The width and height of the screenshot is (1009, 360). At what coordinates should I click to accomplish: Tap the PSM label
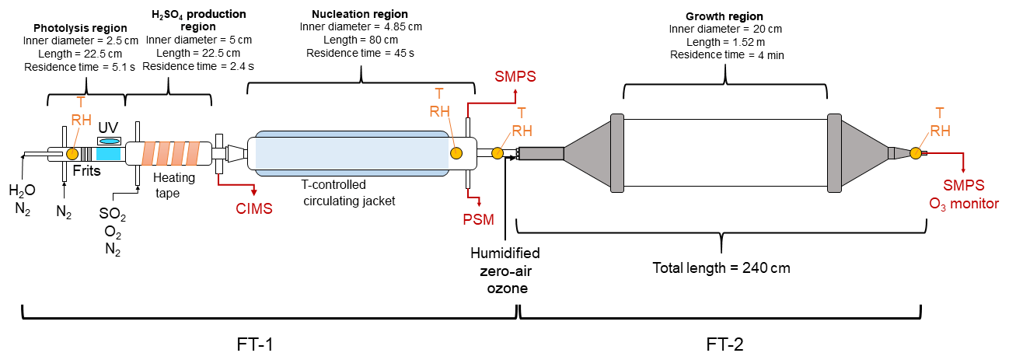[x=478, y=219]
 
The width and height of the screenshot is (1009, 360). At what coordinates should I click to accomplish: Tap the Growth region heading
[x=725, y=16]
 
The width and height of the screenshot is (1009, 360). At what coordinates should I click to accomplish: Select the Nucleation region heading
[x=359, y=14]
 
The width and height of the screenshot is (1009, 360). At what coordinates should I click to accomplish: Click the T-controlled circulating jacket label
[x=349, y=192]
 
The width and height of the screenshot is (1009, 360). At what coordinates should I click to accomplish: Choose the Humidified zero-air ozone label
[x=504, y=270]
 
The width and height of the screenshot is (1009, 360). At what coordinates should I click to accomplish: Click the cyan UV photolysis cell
[x=109, y=152]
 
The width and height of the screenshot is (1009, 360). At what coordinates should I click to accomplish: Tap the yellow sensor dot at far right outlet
[x=916, y=153]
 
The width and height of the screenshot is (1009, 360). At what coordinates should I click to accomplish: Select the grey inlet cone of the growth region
[x=586, y=153]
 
